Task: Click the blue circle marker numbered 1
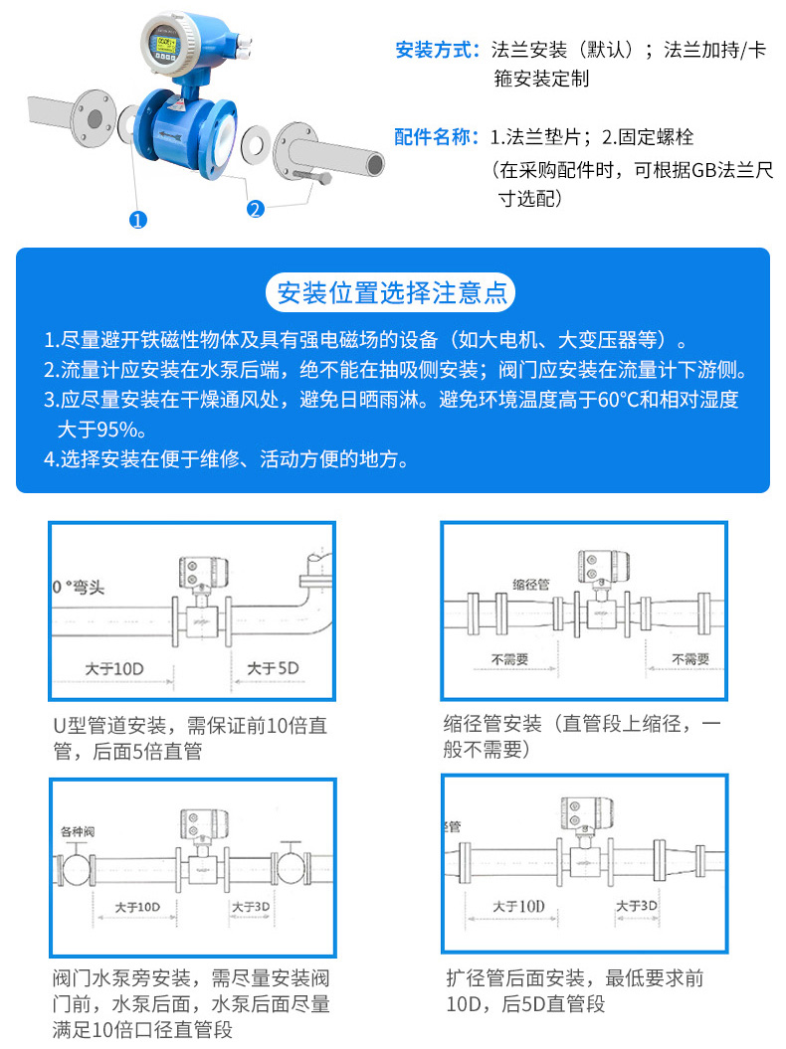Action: coord(138,220)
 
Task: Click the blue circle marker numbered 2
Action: coord(255,208)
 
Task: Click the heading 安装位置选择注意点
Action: coord(392,292)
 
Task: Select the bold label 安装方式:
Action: coord(438,50)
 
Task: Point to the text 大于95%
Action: coord(102,430)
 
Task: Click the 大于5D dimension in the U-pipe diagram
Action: coord(272,668)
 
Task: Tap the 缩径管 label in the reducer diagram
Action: coord(531,584)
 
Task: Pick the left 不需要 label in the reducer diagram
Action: coord(509,658)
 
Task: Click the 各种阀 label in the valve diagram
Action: coord(79,830)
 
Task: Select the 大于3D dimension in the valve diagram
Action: coord(251,907)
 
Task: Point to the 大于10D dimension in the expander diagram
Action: coord(519,906)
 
